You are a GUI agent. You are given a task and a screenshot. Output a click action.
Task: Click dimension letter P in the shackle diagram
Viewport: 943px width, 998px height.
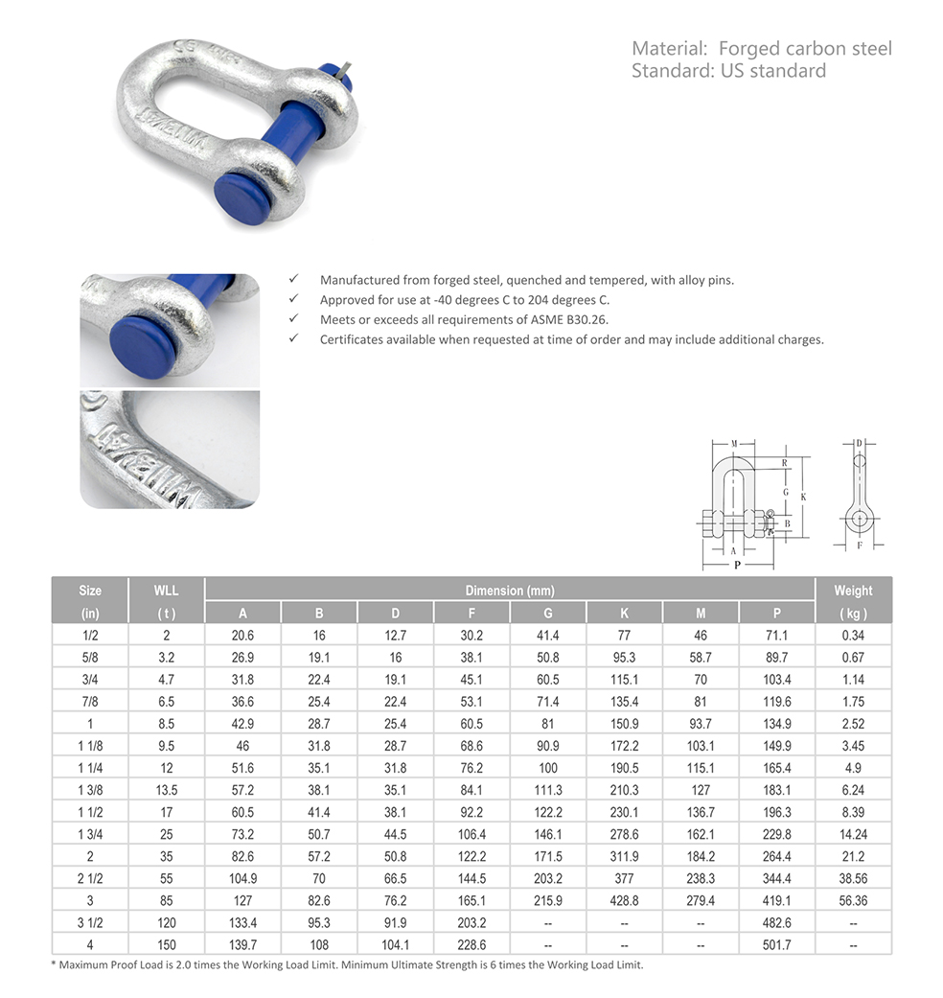pyautogui.click(x=736, y=566)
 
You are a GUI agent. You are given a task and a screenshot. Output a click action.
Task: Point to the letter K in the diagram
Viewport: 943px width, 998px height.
pyautogui.click(x=803, y=497)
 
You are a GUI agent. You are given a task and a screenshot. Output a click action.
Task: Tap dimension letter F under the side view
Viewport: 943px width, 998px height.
pyautogui.click(x=860, y=545)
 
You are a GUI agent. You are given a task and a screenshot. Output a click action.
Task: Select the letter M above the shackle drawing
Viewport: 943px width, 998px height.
pyautogui.click(x=733, y=444)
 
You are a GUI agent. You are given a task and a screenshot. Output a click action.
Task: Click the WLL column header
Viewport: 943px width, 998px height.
pyautogui.click(x=166, y=591)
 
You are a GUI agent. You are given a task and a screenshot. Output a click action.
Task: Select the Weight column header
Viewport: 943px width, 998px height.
pyautogui.click(x=852, y=591)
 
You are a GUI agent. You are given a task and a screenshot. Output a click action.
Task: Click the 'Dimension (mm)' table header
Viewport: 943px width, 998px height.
pyautogui.click(x=510, y=591)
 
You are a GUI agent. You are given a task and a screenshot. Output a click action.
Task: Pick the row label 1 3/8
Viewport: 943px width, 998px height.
pyautogui.click(x=89, y=790)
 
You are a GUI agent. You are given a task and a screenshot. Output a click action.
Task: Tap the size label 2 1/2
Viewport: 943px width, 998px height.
pyautogui.click(x=89, y=878)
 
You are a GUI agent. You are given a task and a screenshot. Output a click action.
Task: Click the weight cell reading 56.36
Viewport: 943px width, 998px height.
pyautogui.click(x=852, y=900)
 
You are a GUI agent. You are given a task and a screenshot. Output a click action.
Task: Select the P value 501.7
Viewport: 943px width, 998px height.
pyautogui.click(x=776, y=944)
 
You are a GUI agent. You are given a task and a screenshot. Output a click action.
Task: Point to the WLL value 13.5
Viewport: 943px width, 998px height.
pyautogui.click(x=166, y=790)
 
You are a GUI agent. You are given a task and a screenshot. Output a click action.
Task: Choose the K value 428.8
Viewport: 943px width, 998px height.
pyautogui.click(x=624, y=900)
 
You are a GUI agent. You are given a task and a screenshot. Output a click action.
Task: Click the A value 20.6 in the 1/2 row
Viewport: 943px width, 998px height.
pyautogui.click(x=242, y=635)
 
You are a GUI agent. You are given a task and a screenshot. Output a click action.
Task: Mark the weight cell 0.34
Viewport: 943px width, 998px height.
pyautogui.click(x=852, y=635)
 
